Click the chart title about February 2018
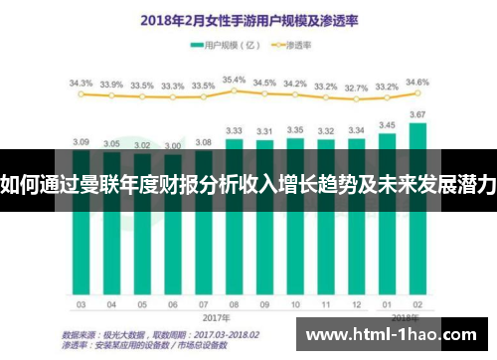248,19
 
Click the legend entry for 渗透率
294,45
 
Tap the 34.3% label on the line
82,84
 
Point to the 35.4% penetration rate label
234,80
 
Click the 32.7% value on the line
355,88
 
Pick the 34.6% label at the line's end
417,82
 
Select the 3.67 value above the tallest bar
417,114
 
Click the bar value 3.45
386,125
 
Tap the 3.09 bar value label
82,141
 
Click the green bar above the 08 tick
234,239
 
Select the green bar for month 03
82,239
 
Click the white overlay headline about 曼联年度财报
248,185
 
